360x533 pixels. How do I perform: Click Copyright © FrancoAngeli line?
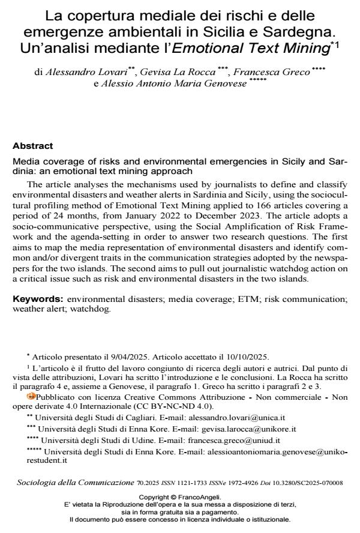coord(180,497)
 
